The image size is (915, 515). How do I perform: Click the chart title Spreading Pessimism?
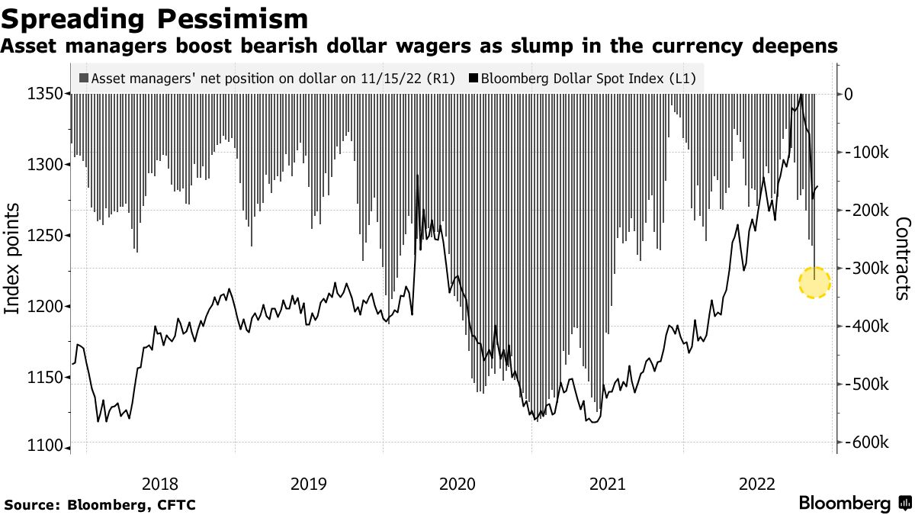click(x=155, y=18)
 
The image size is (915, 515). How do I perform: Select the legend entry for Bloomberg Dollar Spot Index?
click(x=588, y=78)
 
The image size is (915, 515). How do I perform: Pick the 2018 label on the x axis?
click(x=160, y=484)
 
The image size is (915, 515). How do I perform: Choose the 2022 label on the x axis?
click(x=758, y=484)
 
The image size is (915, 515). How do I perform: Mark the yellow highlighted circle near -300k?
click(x=814, y=282)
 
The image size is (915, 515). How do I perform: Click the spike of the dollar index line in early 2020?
click(x=417, y=176)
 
